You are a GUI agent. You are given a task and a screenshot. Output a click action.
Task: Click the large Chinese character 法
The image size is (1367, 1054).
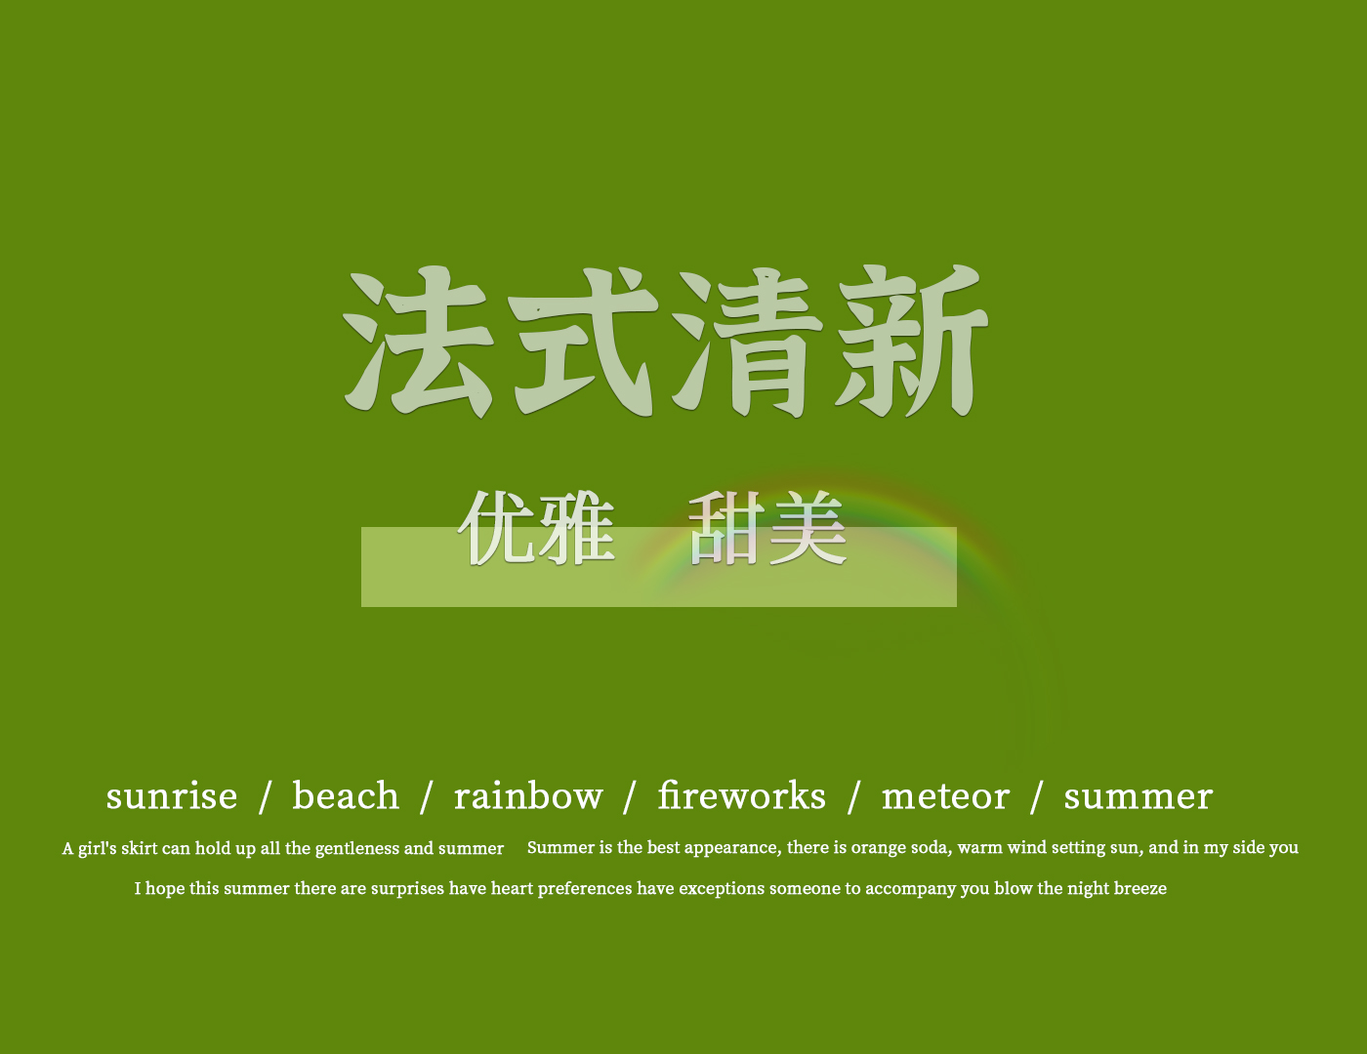click(418, 343)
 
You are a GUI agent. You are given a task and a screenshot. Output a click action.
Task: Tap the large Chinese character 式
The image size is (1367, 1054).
click(583, 343)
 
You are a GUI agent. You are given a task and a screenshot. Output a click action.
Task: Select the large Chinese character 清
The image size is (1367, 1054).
click(747, 343)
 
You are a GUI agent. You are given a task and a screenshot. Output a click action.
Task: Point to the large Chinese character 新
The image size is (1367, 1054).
click(912, 342)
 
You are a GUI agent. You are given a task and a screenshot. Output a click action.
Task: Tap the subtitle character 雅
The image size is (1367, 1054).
click(576, 528)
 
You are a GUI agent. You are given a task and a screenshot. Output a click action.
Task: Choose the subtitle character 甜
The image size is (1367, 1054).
click(727, 528)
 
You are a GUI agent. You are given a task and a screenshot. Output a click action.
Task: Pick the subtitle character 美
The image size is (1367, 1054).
click(808, 528)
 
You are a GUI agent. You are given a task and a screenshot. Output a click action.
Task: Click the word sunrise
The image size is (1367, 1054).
click(172, 796)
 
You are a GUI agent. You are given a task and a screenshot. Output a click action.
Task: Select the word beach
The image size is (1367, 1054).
click(346, 795)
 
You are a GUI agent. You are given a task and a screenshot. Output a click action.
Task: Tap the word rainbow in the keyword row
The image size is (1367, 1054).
click(528, 795)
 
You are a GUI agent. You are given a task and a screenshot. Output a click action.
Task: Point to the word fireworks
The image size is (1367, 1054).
click(742, 795)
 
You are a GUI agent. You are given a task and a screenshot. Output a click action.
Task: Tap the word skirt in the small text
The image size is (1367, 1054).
click(140, 848)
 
